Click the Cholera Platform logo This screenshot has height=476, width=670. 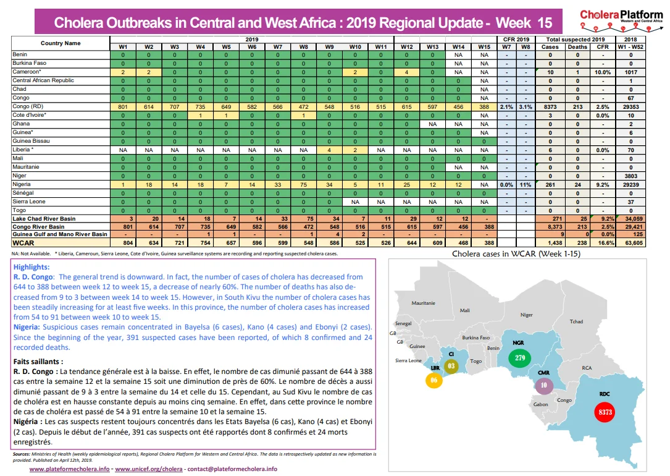click(621, 20)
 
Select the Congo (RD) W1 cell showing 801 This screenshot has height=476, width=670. click(123, 107)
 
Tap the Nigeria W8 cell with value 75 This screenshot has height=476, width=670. click(303, 185)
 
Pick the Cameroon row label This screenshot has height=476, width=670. click(27, 72)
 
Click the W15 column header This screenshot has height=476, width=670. click(484, 47)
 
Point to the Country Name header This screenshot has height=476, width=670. click(61, 43)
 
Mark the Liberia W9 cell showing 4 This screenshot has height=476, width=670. click(329, 150)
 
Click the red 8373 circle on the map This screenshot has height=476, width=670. click(605, 412)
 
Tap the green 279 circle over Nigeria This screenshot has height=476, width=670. click(519, 357)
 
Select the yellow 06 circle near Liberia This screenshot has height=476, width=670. click(433, 380)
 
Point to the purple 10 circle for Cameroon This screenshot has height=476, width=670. click(544, 385)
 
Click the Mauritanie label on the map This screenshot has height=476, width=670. click(423, 303)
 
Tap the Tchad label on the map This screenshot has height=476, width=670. click(576, 321)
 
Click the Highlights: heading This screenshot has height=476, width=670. click(31, 267)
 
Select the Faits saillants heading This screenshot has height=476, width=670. click(38, 362)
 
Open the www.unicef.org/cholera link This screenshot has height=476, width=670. click(149, 469)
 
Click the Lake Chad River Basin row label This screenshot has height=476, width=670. click(44, 219)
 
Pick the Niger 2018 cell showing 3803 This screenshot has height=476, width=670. click(630, 176)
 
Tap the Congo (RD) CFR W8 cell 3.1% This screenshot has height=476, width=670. click(526, 107)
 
